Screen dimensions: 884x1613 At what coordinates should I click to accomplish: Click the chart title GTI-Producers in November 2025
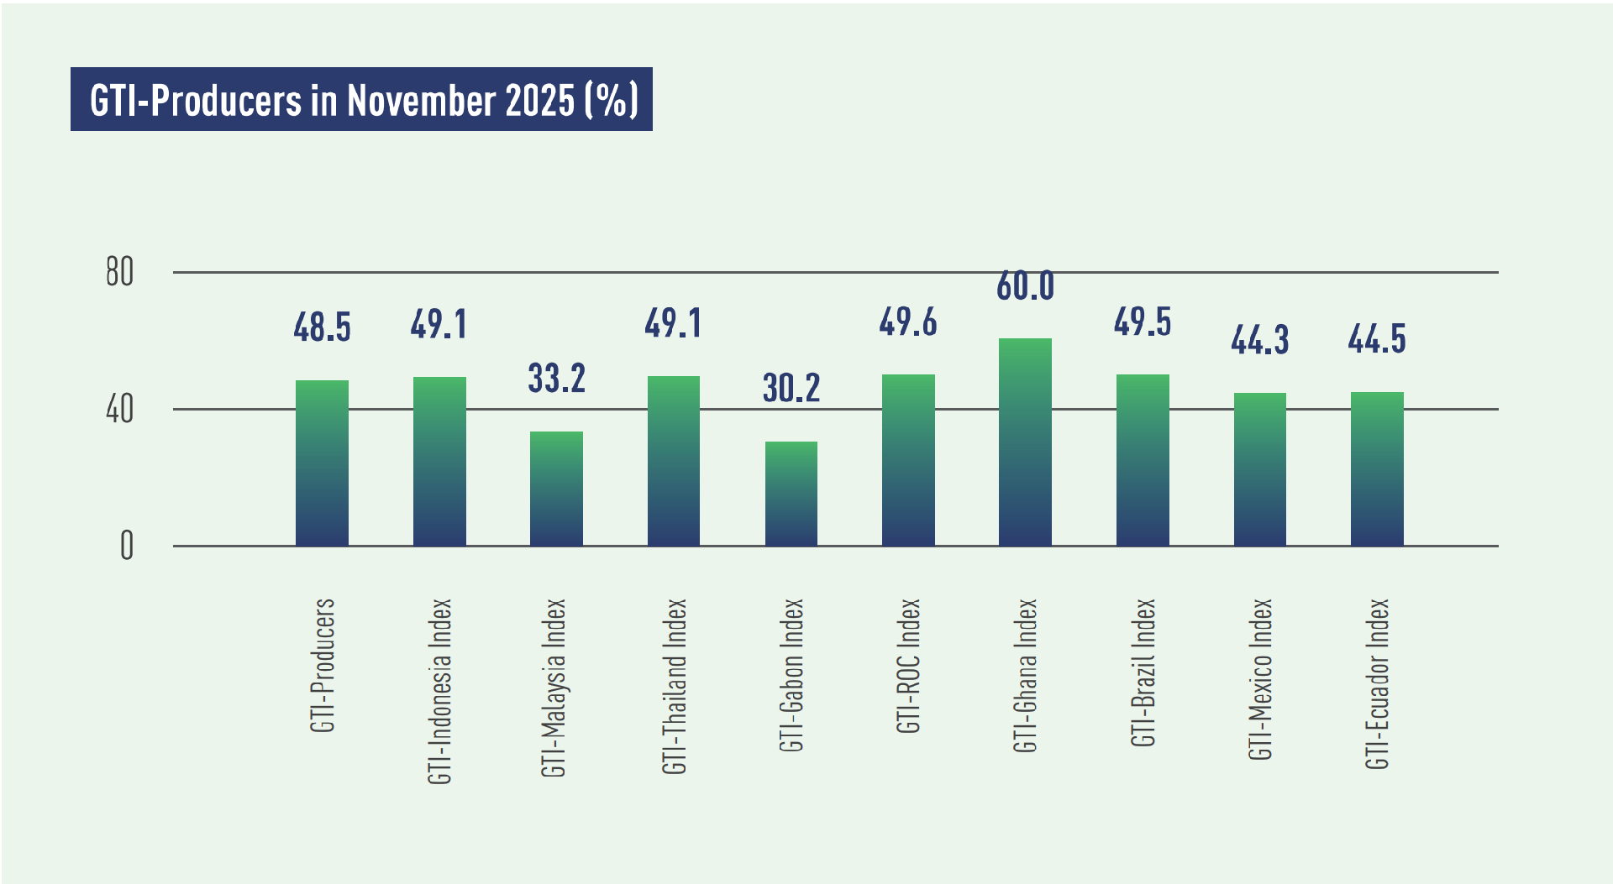[361, 99]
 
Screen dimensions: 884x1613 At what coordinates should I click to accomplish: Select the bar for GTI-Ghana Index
[1025, 442]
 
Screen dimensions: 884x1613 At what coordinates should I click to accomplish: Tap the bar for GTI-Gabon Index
[791, 494]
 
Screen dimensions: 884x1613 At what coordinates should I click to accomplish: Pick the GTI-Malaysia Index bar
[556, 489]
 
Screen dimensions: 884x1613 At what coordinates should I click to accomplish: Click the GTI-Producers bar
[322, 463]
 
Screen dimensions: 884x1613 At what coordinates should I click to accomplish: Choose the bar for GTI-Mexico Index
[1259, 469]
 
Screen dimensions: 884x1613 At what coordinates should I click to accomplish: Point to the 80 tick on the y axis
[120, 272]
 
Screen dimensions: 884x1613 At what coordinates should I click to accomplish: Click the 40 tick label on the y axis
[120, 410]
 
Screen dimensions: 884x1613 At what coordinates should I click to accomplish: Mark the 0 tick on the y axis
[127, 547]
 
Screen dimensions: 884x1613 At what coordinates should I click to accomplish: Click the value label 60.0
[1025, 286]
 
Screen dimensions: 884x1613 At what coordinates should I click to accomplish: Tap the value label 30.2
[791, 388]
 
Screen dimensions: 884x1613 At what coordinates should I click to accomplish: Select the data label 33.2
[556, 378]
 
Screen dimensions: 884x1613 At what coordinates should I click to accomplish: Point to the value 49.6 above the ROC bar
[907, 322]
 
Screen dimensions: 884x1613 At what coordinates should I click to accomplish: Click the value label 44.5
[1376, 339]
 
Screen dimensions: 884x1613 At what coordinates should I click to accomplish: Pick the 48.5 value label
[322, 327]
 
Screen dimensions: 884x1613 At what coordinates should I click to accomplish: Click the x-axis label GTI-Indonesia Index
[440, 691]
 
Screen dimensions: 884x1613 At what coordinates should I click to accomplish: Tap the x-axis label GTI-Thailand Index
[675, 686]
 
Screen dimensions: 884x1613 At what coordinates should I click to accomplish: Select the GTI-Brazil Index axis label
[1143, 672]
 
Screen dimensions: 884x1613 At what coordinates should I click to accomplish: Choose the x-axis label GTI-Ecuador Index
[1377, 683]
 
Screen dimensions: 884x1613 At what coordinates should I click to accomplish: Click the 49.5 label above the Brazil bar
[1142, 322]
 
